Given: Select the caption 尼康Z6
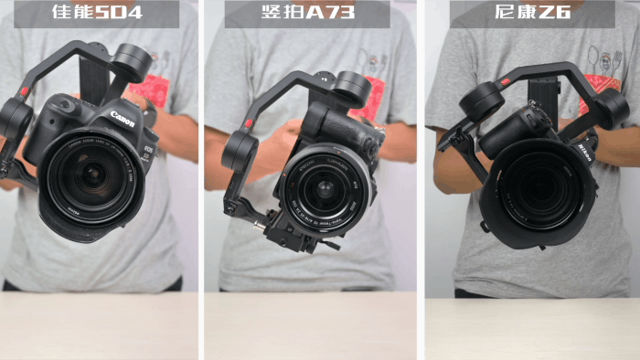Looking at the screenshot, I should tap(531, 14).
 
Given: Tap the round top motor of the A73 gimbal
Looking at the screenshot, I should tap(352, 87).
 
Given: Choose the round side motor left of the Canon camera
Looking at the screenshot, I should tap(16, 116).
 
